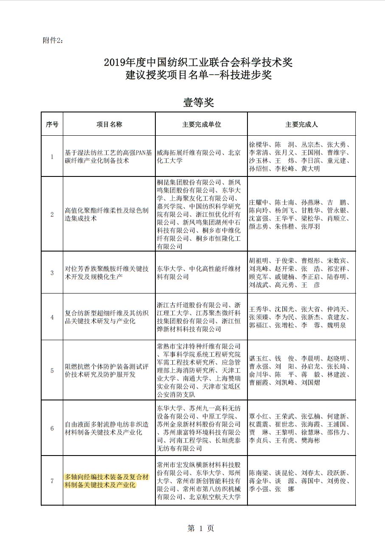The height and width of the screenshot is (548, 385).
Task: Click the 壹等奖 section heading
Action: click(198, 102)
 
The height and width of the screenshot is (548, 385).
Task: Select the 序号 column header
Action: click(52, 124)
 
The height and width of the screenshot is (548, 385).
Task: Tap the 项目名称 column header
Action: click(109, 124)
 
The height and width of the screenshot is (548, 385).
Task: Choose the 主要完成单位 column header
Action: click(202, 124)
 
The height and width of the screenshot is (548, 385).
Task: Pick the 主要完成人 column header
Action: click(301, 124)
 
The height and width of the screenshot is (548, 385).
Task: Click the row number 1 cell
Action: click(52, 157)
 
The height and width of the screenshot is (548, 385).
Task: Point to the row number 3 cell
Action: click(52, 273)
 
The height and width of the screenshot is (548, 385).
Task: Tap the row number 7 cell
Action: click(52, 481)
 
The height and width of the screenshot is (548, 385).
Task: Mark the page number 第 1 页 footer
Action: click(201, 528)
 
